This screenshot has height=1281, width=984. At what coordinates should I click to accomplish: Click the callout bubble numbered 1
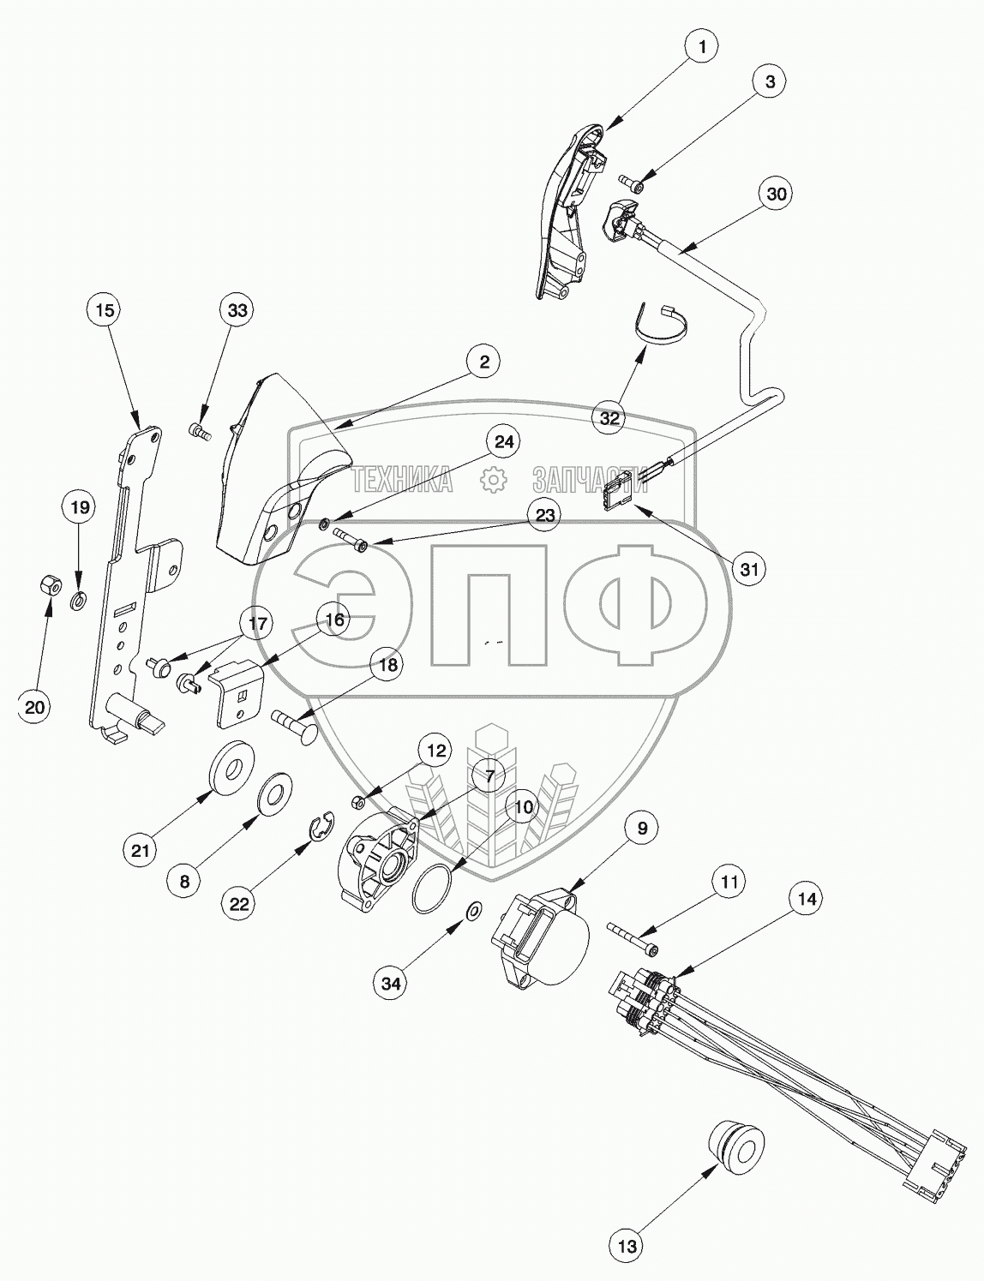pyautogui.click(x=702, y=47)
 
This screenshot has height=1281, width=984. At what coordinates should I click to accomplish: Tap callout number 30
pyautogui.click(x=776, y=195)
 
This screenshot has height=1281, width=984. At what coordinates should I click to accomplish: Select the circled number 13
pyautogui.click(x=628, y=1246)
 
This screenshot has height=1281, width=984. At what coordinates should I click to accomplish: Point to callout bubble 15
pyautogui.click(x=104, y=310)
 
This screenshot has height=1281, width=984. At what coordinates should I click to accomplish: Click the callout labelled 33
pyautogui.click(x=237, y=310)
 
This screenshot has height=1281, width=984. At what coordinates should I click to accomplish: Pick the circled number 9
pyautogui.click(x=642, y=828)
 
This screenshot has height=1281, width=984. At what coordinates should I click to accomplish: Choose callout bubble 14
pyautogui.click(x=807, y=899)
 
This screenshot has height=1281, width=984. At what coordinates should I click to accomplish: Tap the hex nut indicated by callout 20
pyautogui.click(x=49, y=586)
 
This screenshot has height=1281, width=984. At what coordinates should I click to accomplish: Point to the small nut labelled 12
pyautogui.click(x=359, y=802)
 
